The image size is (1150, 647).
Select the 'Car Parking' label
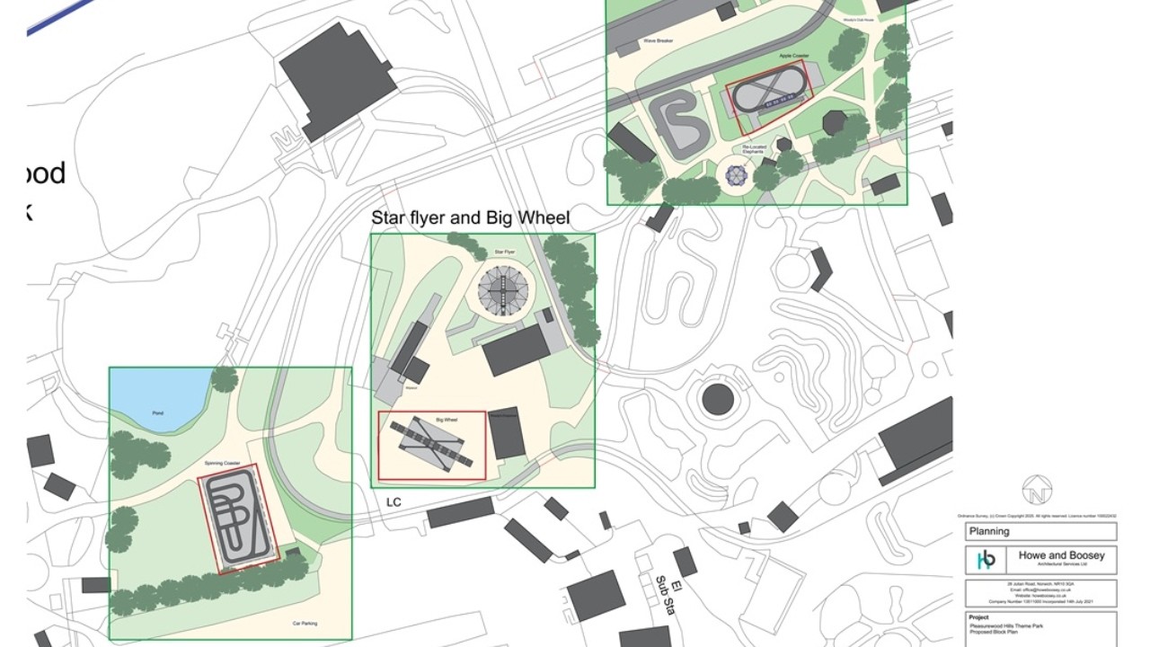(304, 624)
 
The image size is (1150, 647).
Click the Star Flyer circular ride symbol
(503, 289)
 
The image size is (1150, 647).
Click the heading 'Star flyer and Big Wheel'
(470, 218)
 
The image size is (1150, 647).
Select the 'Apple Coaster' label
(794, 56)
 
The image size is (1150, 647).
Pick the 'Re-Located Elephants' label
(753, 149)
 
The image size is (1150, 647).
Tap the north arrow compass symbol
(1037, 490)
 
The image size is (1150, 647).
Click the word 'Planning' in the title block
(989, 531)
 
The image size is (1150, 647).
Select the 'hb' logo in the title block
(986, 560)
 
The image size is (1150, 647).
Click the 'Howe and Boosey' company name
(1061, 555)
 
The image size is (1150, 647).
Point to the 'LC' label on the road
(394, 501)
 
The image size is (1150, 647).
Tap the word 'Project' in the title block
(979, 617)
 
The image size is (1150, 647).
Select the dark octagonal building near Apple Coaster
(835, 122)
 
